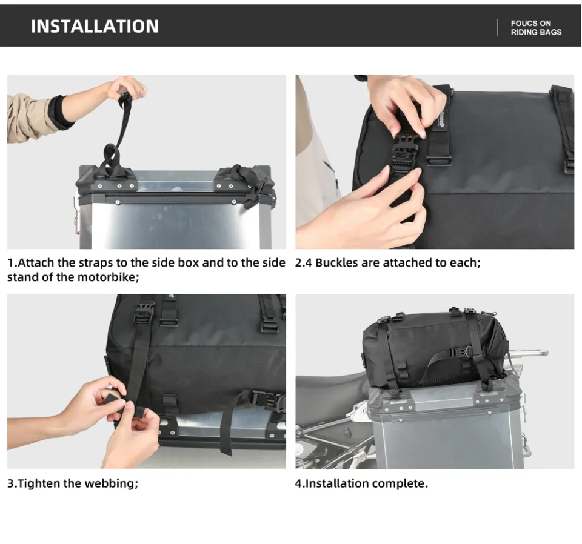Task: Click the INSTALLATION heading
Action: tap(95, 26)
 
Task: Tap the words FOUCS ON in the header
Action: tap(531, 24)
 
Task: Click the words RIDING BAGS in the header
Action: tap(536, 32)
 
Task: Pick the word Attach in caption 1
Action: tap(36, 262)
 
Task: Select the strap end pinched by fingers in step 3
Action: tap(115, 402)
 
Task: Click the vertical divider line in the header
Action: tap(498, 27)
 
